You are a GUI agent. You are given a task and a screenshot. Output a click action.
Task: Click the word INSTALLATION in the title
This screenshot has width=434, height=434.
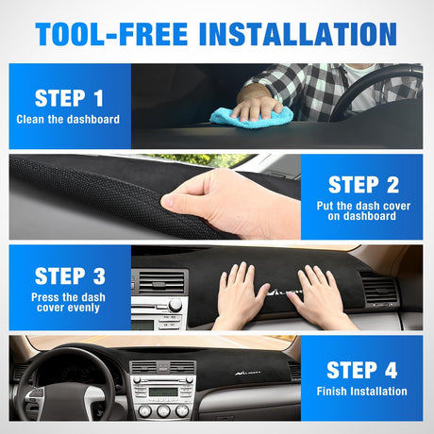pos(298,34)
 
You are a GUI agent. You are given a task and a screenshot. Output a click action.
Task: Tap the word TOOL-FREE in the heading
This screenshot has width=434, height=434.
pos(111,34)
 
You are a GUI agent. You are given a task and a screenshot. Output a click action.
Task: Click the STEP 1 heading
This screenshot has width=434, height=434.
pos(69,98)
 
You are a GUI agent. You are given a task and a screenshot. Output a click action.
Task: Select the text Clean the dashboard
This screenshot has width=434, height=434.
pos(68,119)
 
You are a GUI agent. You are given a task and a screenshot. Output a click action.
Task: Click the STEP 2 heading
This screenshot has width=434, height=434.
pos(363,185)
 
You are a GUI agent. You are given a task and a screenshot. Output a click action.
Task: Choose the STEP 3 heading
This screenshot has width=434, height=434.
pos(70,276)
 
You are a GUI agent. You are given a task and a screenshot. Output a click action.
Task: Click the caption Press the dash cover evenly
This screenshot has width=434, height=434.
pos(68,302)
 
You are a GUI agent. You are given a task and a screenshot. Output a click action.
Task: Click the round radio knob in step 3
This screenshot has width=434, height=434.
pos(175,305)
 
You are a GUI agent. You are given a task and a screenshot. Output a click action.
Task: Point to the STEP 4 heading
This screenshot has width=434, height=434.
pos(362,370)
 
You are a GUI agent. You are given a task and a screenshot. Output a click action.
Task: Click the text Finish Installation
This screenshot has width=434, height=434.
pos(362,391)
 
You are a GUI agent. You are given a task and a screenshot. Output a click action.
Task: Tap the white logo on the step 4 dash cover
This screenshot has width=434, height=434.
pos(247,373)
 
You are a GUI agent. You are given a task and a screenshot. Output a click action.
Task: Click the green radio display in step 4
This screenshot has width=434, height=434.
pos(163,392)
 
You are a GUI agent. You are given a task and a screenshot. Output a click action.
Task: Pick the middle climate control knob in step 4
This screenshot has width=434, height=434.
pos(163,410)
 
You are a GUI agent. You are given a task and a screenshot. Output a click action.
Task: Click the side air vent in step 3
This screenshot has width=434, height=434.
pos(379,289)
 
